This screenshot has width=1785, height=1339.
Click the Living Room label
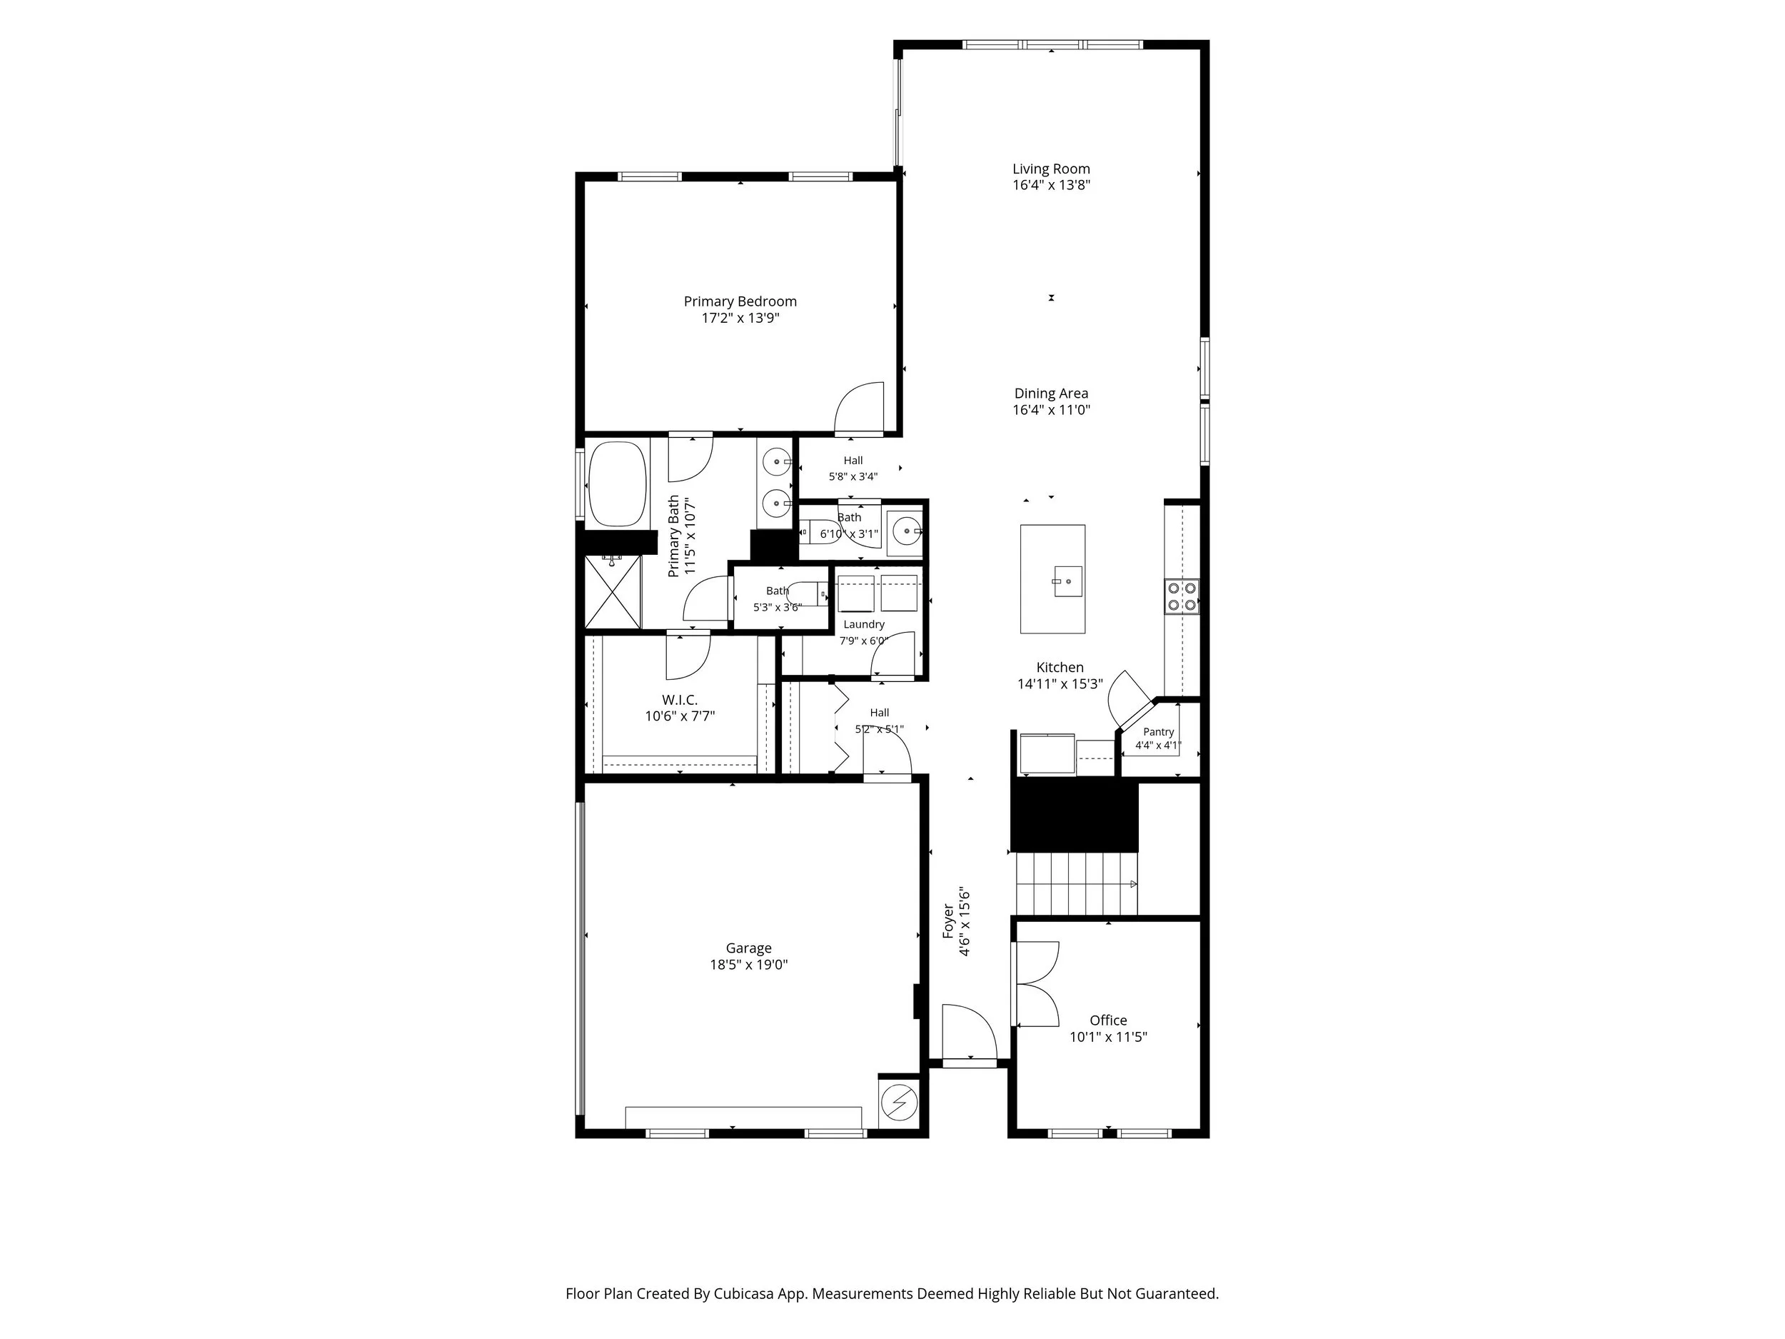click(1051, 169)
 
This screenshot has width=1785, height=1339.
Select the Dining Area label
click(1051, 393)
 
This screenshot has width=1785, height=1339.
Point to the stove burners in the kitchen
click(1182, 596)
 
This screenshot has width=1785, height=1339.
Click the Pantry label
click(1158, 732)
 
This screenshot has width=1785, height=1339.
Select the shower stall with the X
click(613, 591)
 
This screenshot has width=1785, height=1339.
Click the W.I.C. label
click(680, 700)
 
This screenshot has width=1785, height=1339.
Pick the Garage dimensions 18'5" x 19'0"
click(748, 965)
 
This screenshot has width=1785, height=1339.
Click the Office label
click(1108, 1020)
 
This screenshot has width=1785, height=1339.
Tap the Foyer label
click(949, 921)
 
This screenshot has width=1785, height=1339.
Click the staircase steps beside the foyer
click(1077, 884)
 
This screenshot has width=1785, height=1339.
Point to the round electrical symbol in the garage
click(897, 1102)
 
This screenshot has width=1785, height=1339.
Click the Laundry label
click(864, 625)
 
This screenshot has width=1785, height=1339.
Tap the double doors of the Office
click(1037, 984)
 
